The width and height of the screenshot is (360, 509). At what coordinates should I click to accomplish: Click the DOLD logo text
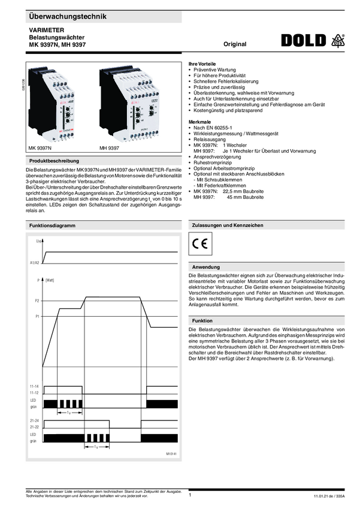pyautogui.click(x=305, y=41)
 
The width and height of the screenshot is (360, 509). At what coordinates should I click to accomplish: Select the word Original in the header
pyautogui.click(x=235, y=45)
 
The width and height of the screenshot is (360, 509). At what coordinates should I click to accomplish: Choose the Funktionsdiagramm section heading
pyautogui.click(x=51, y=225)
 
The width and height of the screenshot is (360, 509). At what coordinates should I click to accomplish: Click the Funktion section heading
pyautogui.click(x=202, y=321)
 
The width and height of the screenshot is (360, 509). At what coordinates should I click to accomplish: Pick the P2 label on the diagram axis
pyautogui.click(x=37, y=301)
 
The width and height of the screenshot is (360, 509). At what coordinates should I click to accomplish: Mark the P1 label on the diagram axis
pyautogui.click(x=37, y=315)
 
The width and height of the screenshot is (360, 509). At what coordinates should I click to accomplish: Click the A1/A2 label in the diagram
pyautogui.click(x=34, y=262)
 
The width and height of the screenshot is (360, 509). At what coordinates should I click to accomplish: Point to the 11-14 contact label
pyautogui.click(x=34, y=386)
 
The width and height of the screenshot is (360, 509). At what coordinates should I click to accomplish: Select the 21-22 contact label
pyautogui.click(x=34, y=427)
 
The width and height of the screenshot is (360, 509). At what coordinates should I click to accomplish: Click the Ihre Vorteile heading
pyautogui.click(x=202, y=63)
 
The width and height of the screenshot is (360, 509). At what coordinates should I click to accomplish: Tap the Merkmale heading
pyautogui.click(x=199, y=121)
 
